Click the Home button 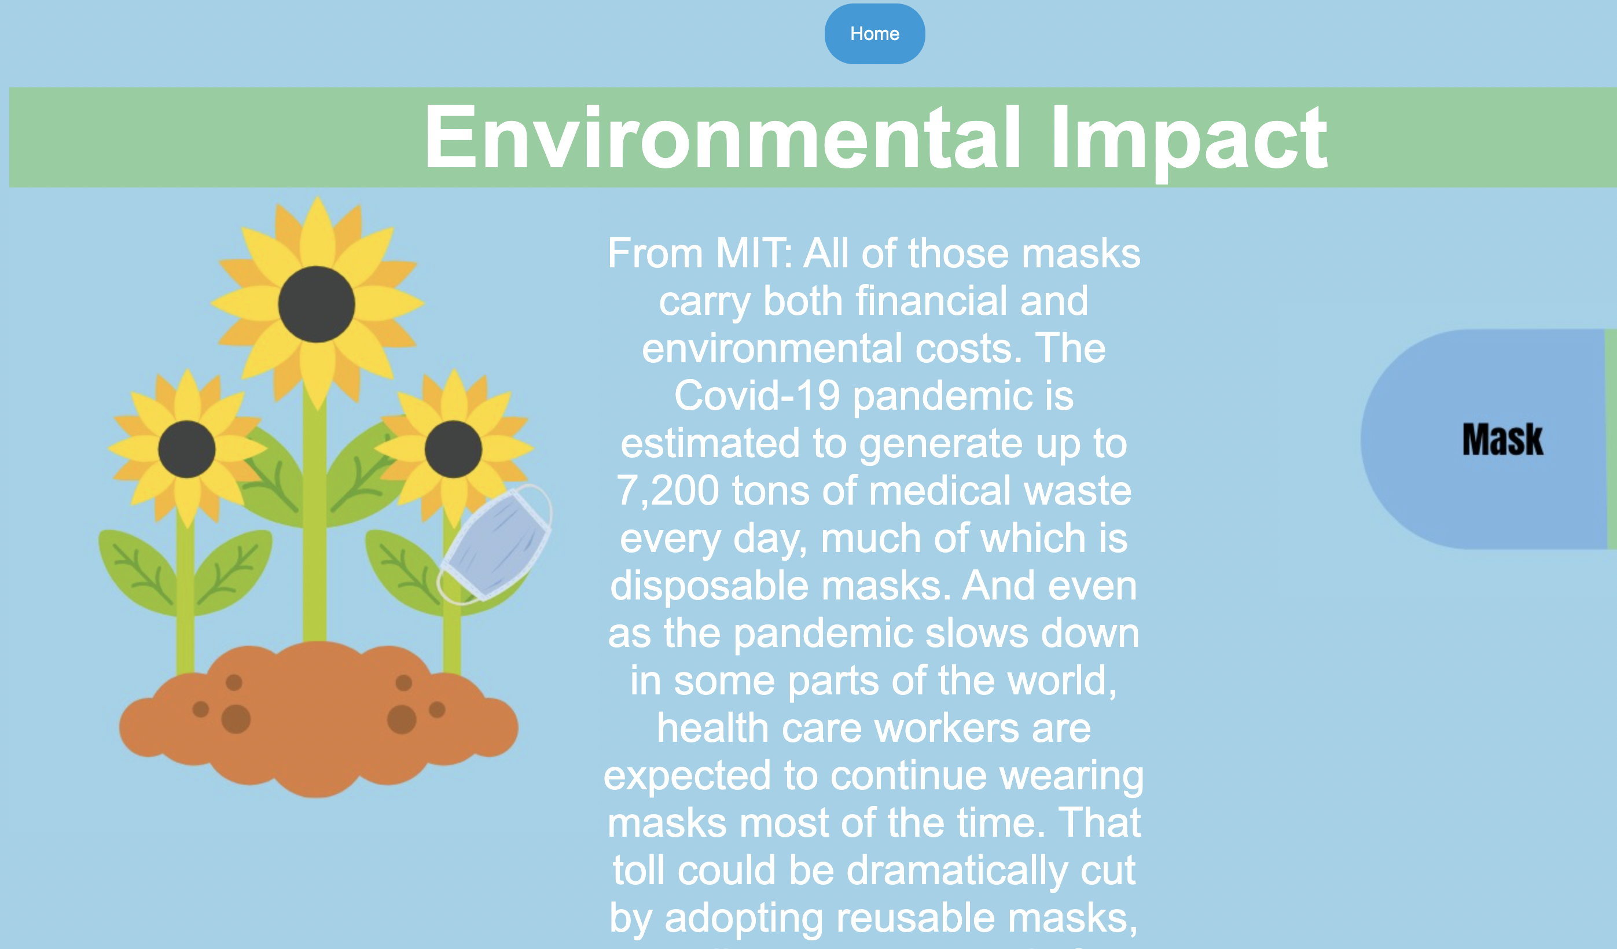pos(874,34)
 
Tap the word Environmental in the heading pos(722,137)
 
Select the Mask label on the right pos(1503,440)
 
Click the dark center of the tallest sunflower pos(317,305)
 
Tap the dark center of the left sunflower pos(187,449)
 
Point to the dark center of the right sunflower pos(453,449)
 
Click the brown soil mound pos(318,719)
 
